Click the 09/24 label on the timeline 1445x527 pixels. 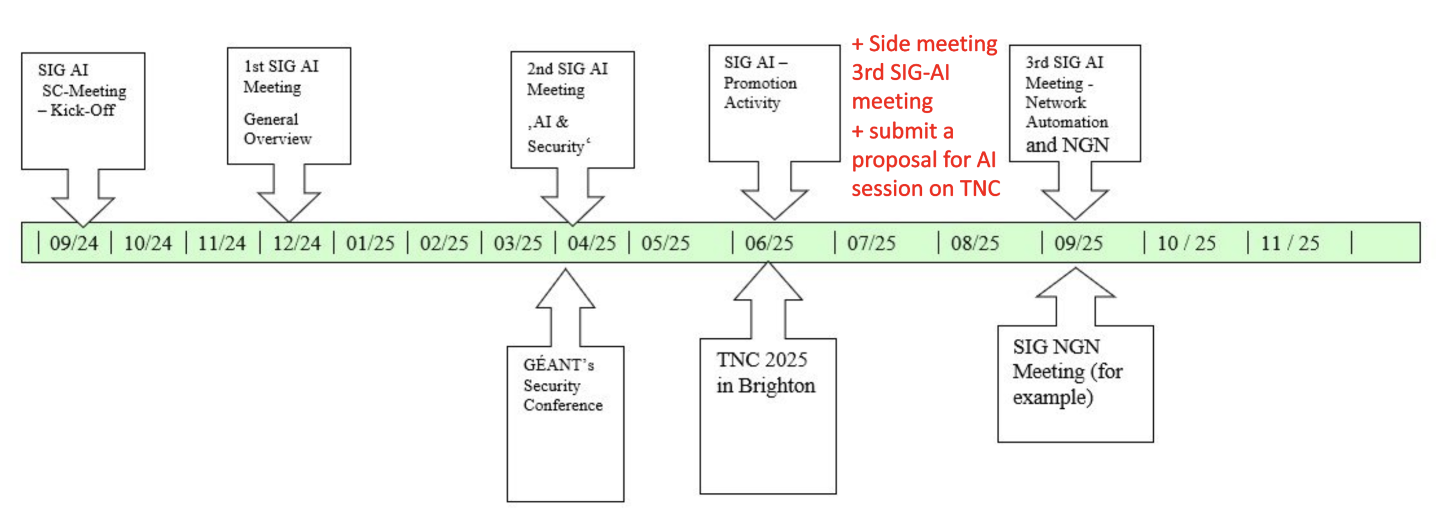pos(73,243)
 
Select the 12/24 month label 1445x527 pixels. pos(297,243)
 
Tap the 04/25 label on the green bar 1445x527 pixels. pos(591,243)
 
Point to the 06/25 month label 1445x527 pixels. pos(769,243)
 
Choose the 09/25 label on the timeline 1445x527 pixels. pos(1078,243)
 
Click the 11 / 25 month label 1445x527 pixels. pos(1290,243)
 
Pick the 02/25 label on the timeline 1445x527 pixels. pos(444,243)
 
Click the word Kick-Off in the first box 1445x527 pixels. pos(83,110)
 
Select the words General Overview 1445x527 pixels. pos(277,129)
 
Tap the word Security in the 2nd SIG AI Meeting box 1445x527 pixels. pos(556,146)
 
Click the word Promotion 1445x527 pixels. pos(760,83)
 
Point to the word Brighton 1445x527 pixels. pos(776,386)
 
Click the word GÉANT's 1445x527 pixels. pos(558,365)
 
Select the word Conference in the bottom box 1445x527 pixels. pos(563,405)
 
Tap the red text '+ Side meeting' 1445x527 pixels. pos(924,43)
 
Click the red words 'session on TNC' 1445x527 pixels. pos(926,188)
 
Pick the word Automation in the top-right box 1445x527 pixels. pos(1066,122)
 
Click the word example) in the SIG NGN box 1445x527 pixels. pos(1052,398)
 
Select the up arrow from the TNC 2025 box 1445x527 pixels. pos(768,300)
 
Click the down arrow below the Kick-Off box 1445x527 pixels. pos(83,199)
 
